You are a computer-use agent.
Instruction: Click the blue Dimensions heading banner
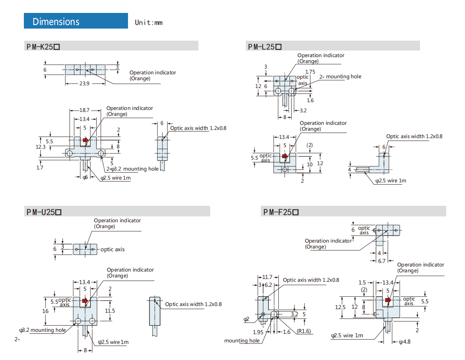point(76,21)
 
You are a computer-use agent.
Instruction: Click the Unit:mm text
point(149,22)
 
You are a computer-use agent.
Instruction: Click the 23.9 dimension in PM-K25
point(85,84)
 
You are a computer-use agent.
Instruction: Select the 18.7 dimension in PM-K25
point(85,111)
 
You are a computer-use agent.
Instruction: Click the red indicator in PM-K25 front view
point(85,140)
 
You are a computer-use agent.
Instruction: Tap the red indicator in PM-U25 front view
point(85,301)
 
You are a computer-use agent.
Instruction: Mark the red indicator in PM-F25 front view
point(387,300)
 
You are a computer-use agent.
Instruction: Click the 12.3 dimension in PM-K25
point(41,147)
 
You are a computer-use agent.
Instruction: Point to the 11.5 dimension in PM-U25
point(110,311)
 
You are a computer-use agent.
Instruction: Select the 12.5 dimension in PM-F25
point(341,307)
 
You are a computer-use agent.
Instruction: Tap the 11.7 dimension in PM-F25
point(267,277)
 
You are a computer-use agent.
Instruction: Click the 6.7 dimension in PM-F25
point(382,261)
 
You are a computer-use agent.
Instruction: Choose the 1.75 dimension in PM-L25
point(310,72)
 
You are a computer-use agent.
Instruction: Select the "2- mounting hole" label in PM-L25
point(340,77)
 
